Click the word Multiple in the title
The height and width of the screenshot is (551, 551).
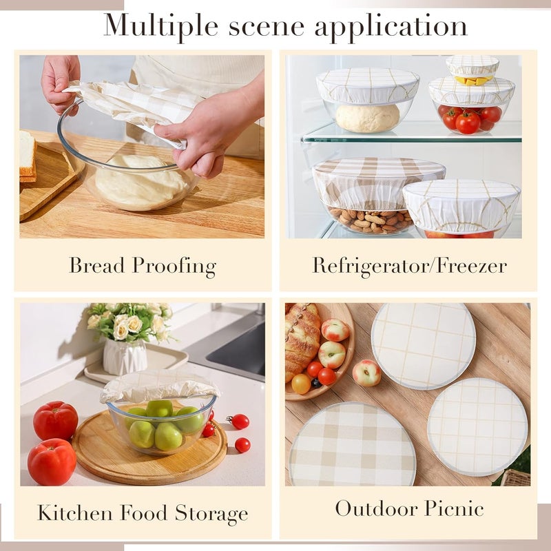[158, 25]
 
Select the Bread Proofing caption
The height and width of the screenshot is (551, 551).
[143, 266]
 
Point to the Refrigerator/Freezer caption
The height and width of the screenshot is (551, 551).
[409, 266]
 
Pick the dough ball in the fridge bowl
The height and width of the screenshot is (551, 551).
[367, 118]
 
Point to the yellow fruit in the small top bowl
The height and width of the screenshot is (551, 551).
[472, 81]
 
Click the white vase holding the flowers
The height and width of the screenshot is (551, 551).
[125, 357]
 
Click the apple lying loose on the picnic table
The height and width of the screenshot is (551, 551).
[366, 373]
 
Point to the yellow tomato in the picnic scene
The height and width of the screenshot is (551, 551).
[301, 384]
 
